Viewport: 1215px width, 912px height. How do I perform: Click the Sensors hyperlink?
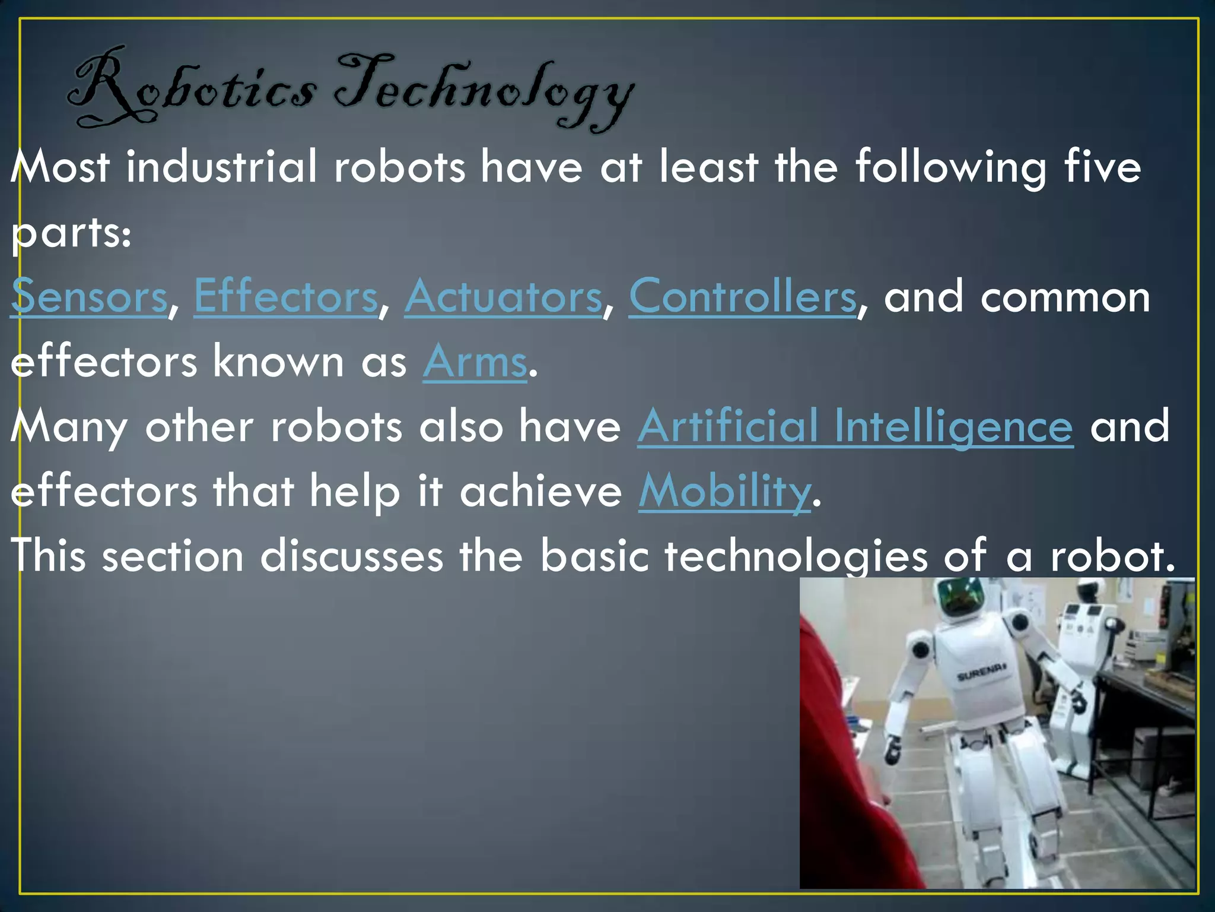pyautogui.click(x=89, y=296)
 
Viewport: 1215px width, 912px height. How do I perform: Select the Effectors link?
pyautogui.click(x=285, y=296)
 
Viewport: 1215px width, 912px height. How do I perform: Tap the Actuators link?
pyautogui.click(x=503, y=296)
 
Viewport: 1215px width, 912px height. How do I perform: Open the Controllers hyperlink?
pyautogui.click(x=742, y=296)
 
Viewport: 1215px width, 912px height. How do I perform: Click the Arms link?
pyautogui.click(x=475, y=362)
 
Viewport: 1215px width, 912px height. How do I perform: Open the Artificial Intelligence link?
pyautogui.click(x=855, y=426)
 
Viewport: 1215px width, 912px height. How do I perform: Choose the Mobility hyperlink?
pyautogui.click(x=724, y=492)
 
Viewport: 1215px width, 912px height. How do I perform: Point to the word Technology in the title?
pyautogui.click(x=484, y=92)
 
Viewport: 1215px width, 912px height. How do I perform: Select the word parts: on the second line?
pyautogui.click(x=71, y=233)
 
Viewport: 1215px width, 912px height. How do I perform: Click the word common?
pyautogui.click(x=1065, y=296)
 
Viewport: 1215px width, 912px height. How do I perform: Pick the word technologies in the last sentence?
pyautogui.click(x=796, y=556)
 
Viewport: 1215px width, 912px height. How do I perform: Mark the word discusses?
pyautogui.click(x=351, y=556)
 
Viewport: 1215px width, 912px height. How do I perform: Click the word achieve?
pyautogui.click(x=540, y=492)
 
